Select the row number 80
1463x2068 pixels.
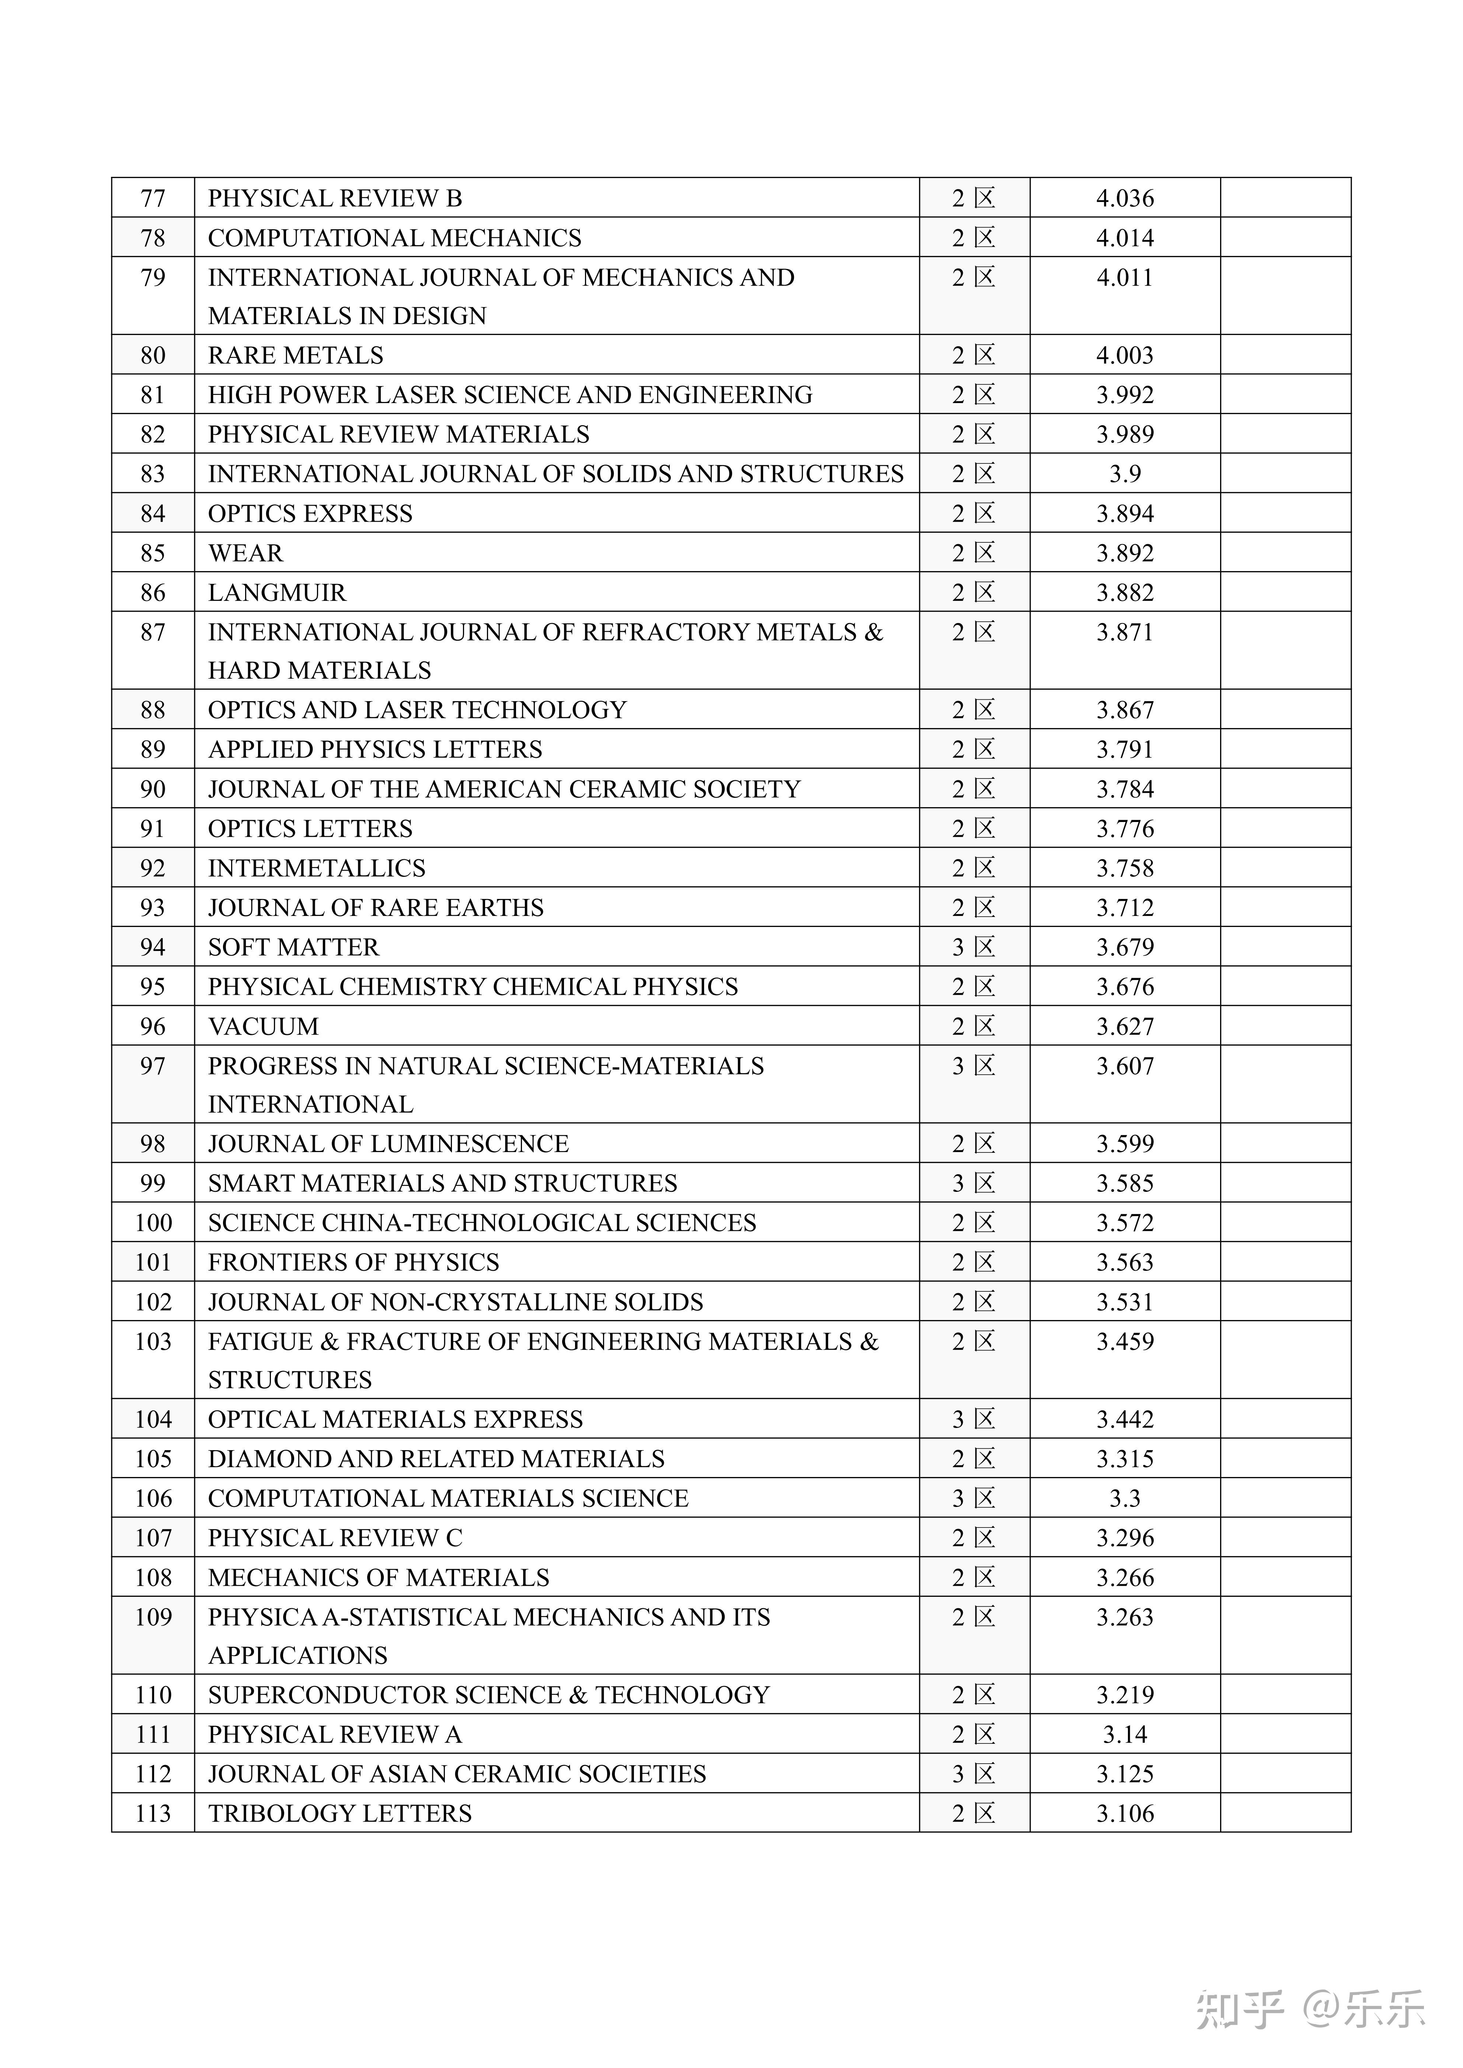tap(153, 355)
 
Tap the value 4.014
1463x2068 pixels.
tap(1124, 238)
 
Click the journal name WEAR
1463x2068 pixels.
tap(245, 553)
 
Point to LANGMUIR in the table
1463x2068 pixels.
tap(276, 593)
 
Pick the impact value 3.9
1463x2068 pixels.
tap(1124, 474)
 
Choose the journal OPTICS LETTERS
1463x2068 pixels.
tap(310, 829)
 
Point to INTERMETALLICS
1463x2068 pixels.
tap(316, 868)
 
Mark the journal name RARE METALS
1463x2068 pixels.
tap(296, 355)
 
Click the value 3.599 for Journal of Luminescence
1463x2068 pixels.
tap(1124, 1144)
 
